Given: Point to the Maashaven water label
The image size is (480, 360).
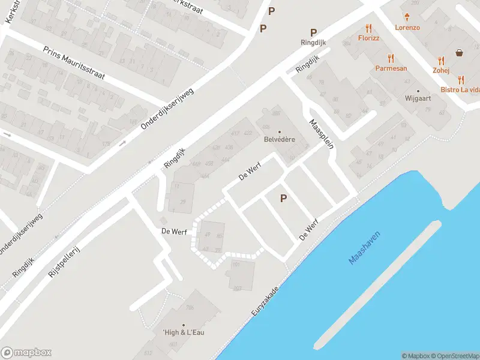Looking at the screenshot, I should (365, 248).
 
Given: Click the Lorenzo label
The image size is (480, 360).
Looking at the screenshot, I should (407, 28).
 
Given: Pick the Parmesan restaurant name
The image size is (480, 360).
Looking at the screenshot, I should (391, 68).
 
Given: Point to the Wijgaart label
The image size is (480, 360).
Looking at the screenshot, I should (418, 98).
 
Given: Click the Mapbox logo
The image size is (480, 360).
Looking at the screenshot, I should (26, 353).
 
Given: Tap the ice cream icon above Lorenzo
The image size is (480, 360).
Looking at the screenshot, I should (407, 17).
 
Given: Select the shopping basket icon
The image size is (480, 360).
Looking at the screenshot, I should (460, 53).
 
